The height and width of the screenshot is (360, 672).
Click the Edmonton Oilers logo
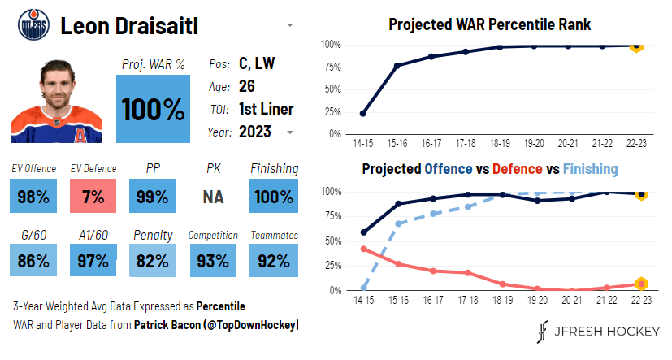[32, 25]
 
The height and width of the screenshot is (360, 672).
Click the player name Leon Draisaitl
[144, 26]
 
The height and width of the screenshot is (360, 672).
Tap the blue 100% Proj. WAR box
[154, 109]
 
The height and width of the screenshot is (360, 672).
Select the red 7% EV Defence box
[93, 196]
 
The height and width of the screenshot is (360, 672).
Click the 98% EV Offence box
[33, 196]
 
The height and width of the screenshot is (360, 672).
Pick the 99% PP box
[153, 196]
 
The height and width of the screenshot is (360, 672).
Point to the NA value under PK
[213, 196]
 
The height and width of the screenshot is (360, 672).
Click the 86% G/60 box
[33, 261]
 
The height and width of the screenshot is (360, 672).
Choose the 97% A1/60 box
[93, 261]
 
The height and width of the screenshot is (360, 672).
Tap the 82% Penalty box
[153, 261]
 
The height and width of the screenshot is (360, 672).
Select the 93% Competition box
[213, 261]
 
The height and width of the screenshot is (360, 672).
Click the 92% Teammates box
[273, 261]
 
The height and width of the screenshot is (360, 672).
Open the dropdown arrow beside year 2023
[290, 132]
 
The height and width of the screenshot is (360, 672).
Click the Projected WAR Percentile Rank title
[489, 24]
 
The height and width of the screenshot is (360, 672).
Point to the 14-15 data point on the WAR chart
[362, 114]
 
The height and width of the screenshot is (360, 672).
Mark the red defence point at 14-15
[362, 249]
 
